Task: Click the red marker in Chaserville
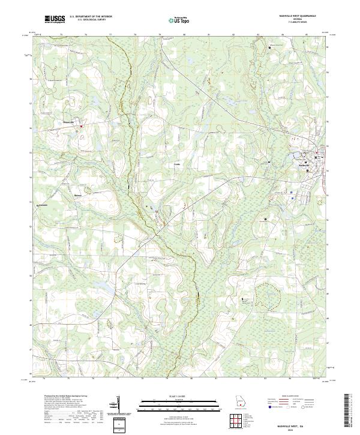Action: click(82, 126)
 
